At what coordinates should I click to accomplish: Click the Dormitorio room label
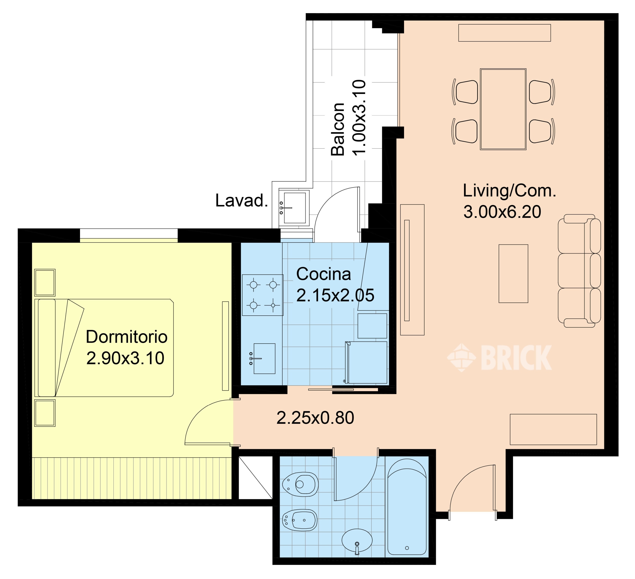click(x=126, y=337)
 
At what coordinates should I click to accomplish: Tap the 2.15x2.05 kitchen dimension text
click(x=335, y=295)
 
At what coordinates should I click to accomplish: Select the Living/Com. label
click(x=509, y=191)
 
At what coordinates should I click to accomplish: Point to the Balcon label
click(x=338, y=129)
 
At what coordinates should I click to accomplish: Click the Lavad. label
click(x=242, y=200)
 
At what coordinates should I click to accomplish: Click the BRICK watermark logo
click(x=499, y=357)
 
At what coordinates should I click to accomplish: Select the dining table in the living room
click(x=503, y=109)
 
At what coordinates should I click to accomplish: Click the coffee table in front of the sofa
click(x=513, y=274)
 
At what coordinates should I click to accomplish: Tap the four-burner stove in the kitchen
click(x=263, y=295)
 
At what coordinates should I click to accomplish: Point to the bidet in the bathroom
click(x=300, y=520)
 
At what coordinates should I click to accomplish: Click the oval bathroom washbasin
click(x=357, y=540)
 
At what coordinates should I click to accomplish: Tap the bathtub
click(x=407, y=507)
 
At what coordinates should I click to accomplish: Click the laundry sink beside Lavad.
click(x=294, y=208)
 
